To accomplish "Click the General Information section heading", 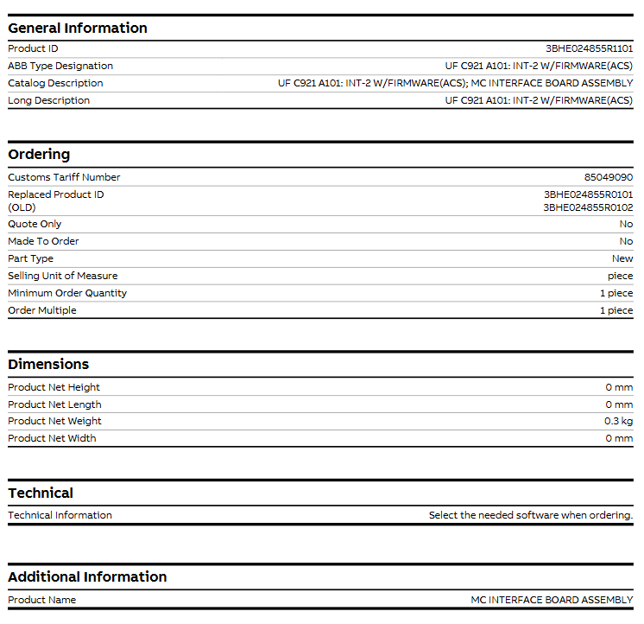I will pyautogui.click(x=78, y=28).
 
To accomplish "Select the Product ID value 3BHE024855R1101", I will pyautogui.click(x=589, y=49).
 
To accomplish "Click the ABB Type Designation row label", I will pyautogui.click(x=60, y=66).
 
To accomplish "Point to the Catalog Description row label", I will pyautogui.click(x=55, y=83).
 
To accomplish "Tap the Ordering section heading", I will pyautogui.click(x=39, y=154).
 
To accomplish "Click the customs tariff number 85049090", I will pyautogui.click(x=608, y=177).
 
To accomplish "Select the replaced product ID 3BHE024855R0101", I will pyautogui.click(x=588, y=194).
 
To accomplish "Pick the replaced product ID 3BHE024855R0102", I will pyautogui.click(x=588, y=207).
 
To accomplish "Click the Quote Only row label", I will pyautogui.click(x=35, y=224).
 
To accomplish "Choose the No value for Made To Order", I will pyautogui.click(x=626, y=241).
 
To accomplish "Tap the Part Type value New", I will pyautogui.click(x=622, y=258).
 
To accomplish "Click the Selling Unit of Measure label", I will pyautogui.click(x=62, y=276).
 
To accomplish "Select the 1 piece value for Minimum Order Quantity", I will pyautogui.click(x=616, y=293).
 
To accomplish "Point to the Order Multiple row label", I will pyautogui.click(x=42, y=310).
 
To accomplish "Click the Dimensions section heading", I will pyautogui.click(x=48, y=364).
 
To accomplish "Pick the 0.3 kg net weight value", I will pyautogui.click(x=618, y=421).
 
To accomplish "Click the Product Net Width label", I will pyautogui.click(x=52, y=438).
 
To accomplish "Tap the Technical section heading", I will pyautogui.click(x=41, y=493).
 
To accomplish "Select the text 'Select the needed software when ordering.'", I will pyautogui.click(x=530, y=515).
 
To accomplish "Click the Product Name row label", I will pyautogui.click(x=41, y=600).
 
